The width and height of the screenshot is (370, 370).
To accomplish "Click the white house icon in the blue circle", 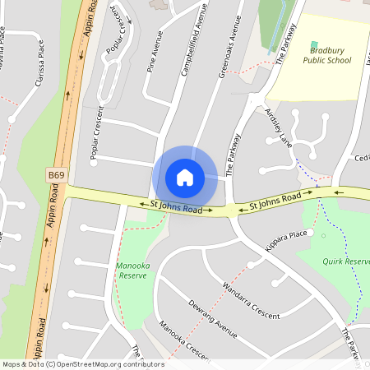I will (x=185, y=177).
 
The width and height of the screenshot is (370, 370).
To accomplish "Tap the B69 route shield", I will (x=56, y=176).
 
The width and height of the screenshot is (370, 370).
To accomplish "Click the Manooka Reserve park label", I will (x=132, y=271).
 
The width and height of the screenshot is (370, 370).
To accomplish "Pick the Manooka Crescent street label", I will (x=183, y=340).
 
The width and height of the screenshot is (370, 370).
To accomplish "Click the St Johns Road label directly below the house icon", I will (x=176, y=207).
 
